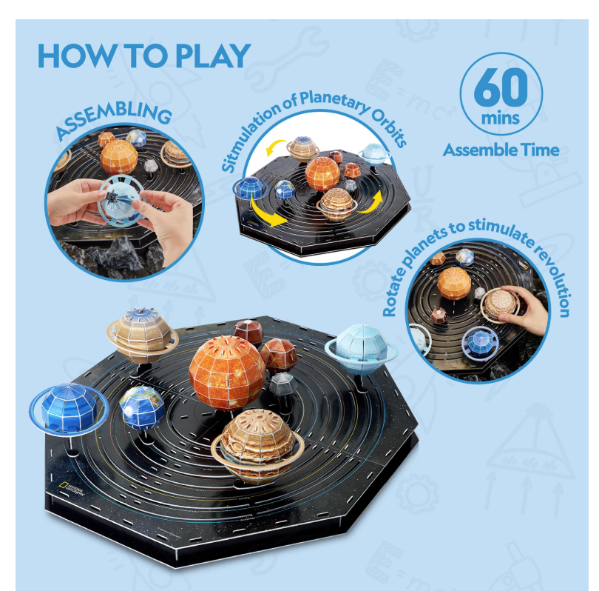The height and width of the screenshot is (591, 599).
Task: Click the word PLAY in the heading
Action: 213,56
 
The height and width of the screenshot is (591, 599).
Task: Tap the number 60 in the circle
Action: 501,87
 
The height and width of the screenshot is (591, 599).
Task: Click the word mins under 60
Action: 501,118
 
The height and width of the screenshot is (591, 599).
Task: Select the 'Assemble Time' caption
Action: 501,150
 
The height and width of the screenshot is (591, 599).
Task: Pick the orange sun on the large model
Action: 227,374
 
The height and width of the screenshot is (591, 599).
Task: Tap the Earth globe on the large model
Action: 142,407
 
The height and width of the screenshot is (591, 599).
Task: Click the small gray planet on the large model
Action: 283,385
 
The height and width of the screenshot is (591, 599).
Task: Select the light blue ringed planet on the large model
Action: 361,349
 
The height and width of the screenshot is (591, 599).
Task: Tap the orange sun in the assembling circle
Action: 119,157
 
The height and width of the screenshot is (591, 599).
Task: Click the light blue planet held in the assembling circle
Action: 121,200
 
